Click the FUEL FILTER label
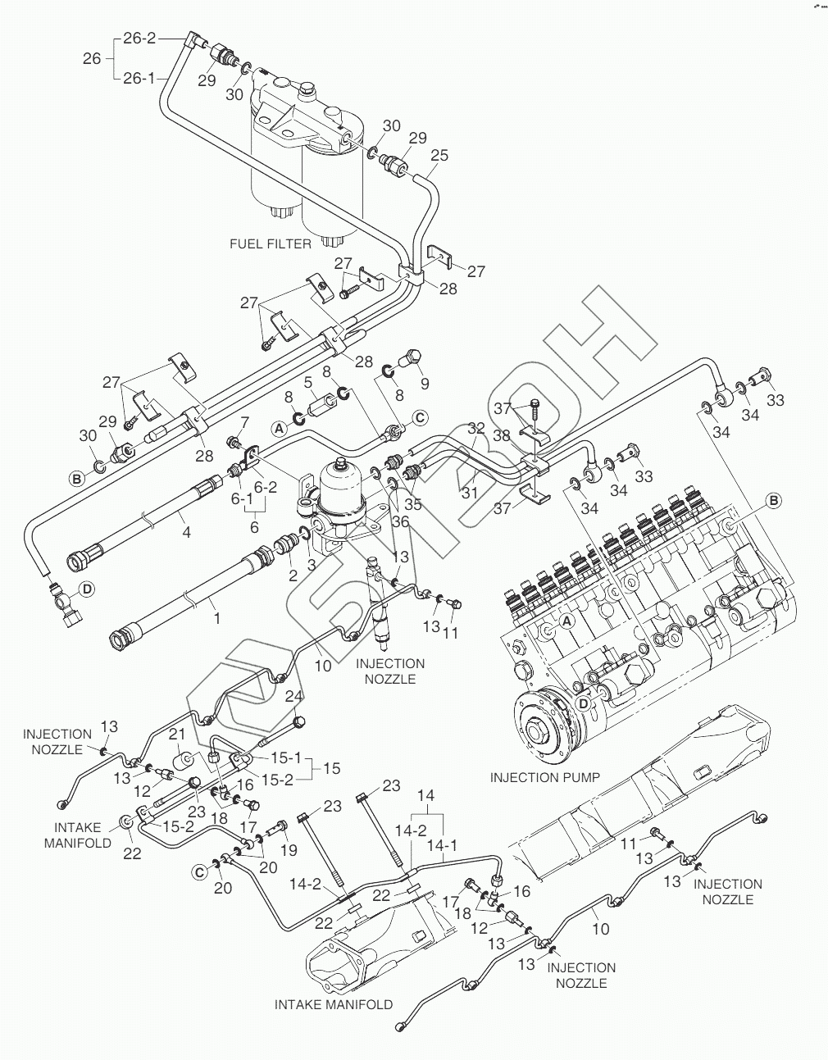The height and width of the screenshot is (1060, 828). [x=271, y=243]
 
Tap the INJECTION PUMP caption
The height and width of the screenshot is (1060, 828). [x=544, y=776]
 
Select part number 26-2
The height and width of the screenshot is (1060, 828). [x=139, y=38]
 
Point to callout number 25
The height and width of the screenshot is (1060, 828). [x=439, y=155]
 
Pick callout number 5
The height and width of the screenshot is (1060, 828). [x=307, y=382]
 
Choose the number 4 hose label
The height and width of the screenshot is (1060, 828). [x=187, y=532]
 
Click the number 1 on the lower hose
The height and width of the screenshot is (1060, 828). [x=216, y=619]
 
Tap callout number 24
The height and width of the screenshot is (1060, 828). [x=294, y=696]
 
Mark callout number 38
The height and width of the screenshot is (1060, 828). [x=501, y=436]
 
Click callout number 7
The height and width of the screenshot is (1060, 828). [x=243, y=422]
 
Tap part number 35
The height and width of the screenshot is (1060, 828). [x=412, y=505]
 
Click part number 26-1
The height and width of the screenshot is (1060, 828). [x=139, y=79]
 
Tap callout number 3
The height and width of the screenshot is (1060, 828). [x=311, y=565]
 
